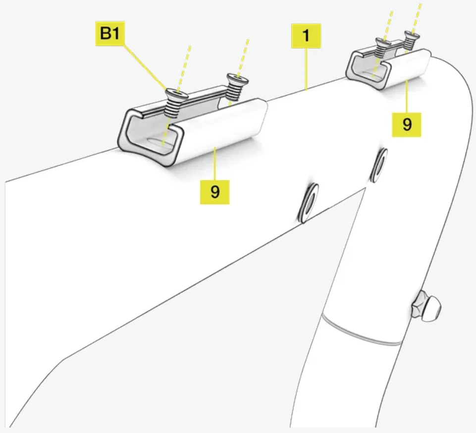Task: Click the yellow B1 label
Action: (x=110, y=33)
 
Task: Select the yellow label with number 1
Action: (x=306, y=36)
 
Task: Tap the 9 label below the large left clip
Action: (x=214, y=192)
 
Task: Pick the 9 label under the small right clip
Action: (x=407, y=124)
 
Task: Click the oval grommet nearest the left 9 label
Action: (x=308, y=203)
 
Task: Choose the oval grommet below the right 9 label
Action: (x=378, y=165)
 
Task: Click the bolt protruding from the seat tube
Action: (x=426, y=306)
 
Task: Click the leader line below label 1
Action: (x=306, y=69)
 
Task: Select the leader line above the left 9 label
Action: (x=215, y=163)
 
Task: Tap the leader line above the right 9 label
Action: (x=407, y=96)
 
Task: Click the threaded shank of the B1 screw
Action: (x=171, y=108)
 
